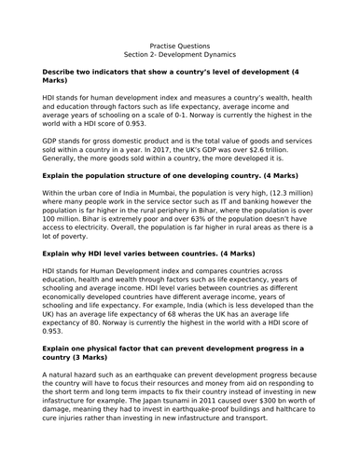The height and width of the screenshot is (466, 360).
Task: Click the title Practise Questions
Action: [x=179, y=44]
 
